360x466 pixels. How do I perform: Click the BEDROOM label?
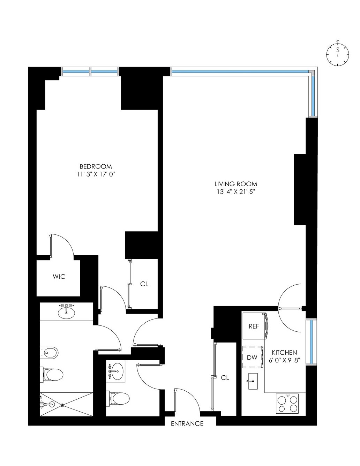pyautogui.click(x=96, y=166)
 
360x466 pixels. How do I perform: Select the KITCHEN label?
pyautogui.click(x=284, y=353)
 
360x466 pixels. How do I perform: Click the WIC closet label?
pyautogui.click(x=59, y=277)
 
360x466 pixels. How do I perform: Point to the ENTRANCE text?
pyautogui.click(x=187, y=424)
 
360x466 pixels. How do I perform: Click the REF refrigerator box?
pyautogui.click(x=254, y=326)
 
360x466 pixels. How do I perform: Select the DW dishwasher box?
pyautogui.click(x=252, y=357)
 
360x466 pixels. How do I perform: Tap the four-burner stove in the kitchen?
pyautogui.click(x=288, y=404)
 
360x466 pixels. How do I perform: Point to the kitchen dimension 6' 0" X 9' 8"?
pyautogui.click(x=284, y=360)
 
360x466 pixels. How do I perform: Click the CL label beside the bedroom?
pyautogui.click(x=144, y=284)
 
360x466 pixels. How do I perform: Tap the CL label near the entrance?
pyautogui.click(x=225, y=378)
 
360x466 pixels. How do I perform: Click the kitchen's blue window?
pyautogui.click(x=311, y=341)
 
